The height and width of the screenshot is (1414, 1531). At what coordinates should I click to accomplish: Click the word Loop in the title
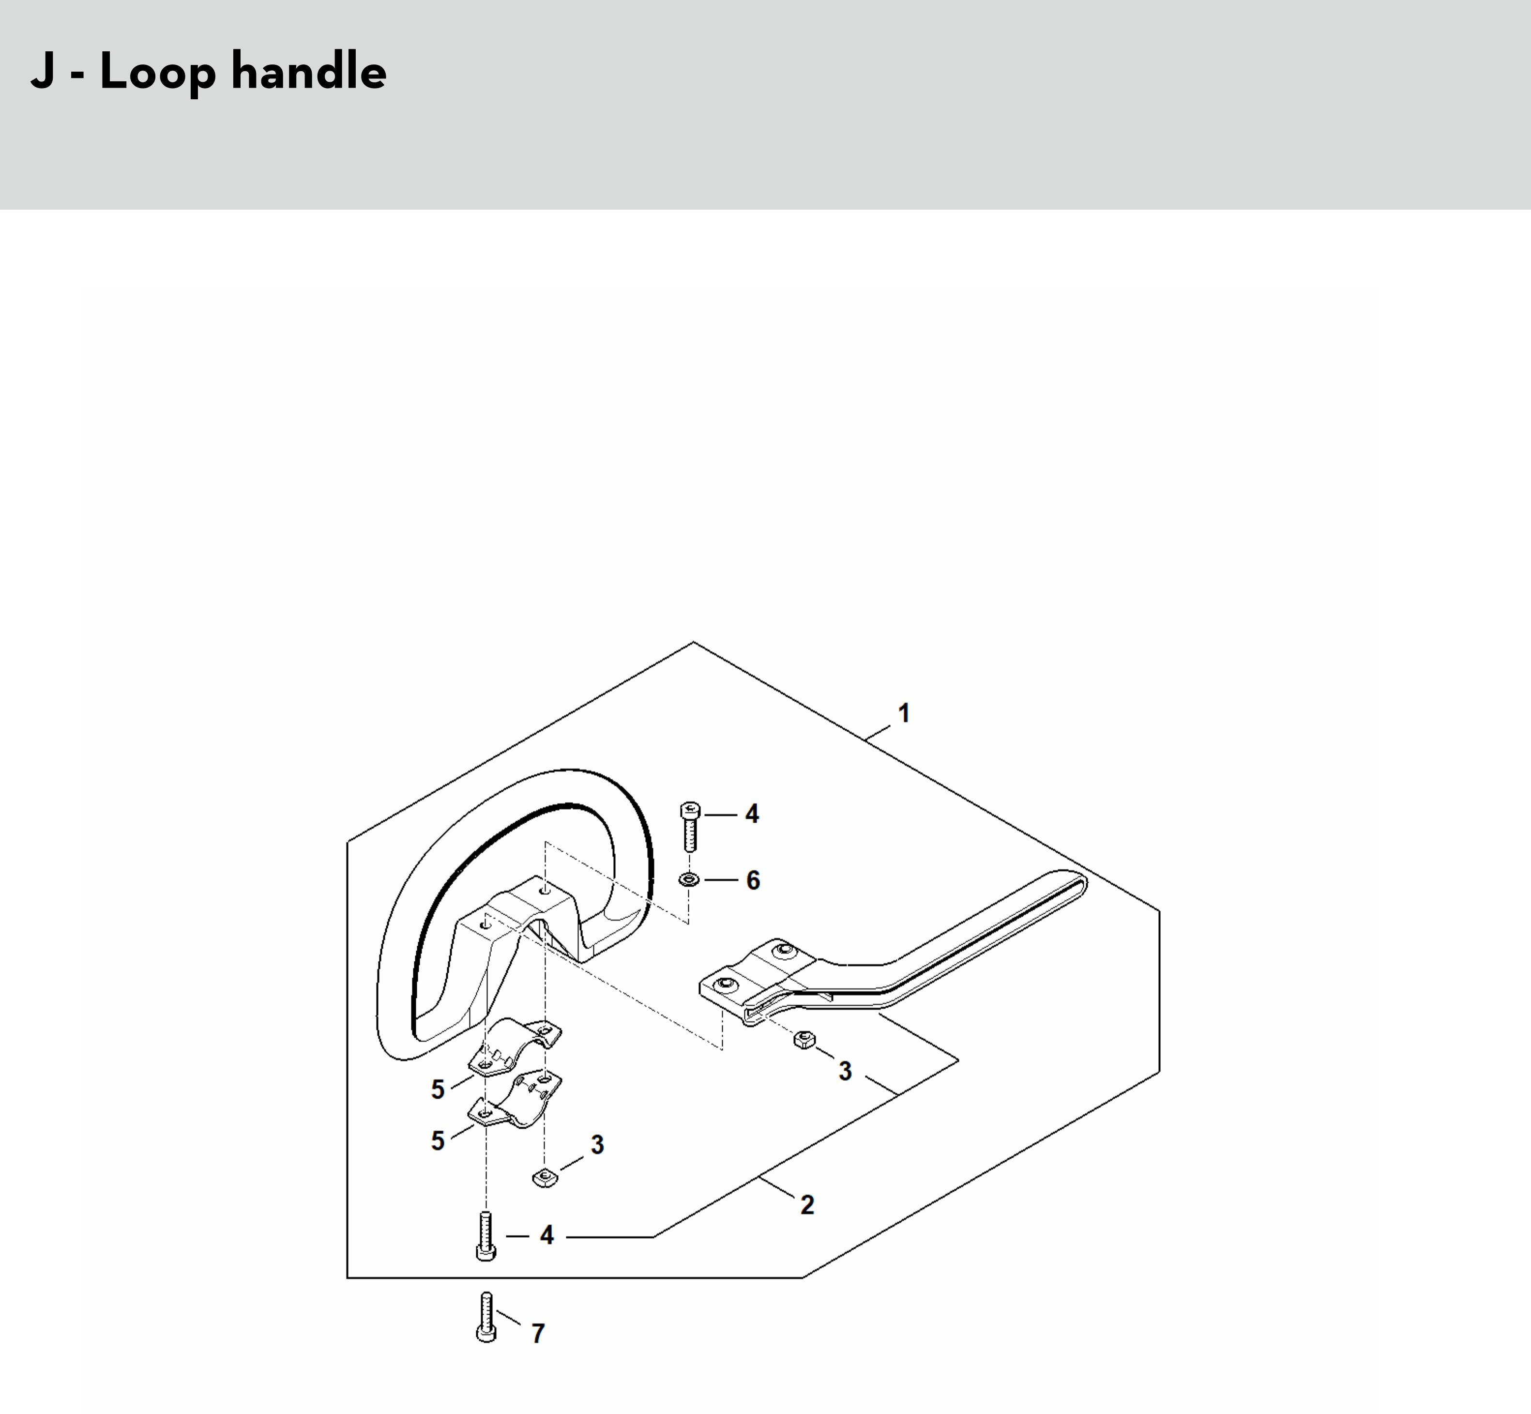(x=157, y=72)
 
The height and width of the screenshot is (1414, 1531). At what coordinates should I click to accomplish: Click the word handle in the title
(x=308, y=72)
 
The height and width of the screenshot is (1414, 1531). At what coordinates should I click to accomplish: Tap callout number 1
(x=904, y=713)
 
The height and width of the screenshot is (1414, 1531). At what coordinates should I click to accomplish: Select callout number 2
(x=807, y=1205)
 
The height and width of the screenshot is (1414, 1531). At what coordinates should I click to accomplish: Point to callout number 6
(x=753, y=881)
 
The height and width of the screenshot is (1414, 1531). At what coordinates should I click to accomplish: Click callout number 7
(x=538, y=1334)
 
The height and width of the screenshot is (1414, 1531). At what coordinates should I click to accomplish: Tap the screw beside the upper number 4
(x=690, y=826)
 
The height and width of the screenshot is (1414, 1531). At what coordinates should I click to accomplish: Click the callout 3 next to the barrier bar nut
(x=845, y=1071)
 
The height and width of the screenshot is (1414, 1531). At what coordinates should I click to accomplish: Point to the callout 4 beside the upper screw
(x=753, y=814)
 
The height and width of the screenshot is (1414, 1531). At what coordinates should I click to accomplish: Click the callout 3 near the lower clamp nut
(x=597, y=1145)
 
